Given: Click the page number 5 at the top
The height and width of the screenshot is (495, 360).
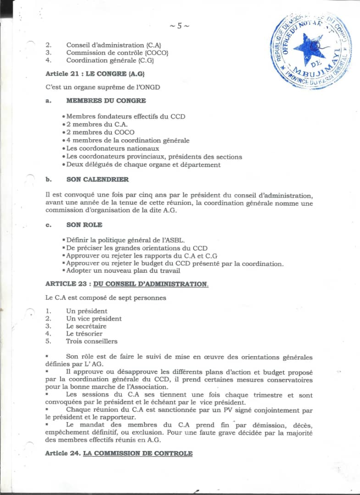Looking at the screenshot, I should (x=179, y=26).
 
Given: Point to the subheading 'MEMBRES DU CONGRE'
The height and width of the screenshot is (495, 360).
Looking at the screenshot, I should (x=106, y=101).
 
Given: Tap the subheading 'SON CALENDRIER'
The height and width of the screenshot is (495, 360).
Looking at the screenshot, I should (x=97, y=180).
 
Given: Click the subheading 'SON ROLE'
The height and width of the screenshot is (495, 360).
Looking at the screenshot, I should (x=84, y=225).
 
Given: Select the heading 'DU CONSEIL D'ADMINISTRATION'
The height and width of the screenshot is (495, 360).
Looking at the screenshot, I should (x=150, y=284).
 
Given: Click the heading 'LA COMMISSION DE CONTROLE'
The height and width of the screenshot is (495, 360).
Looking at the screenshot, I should (x=138, y=454).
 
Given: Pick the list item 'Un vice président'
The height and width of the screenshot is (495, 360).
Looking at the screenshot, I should (x=94, y=319).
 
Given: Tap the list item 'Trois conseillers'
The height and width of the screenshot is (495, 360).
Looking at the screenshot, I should (x=92, y=341).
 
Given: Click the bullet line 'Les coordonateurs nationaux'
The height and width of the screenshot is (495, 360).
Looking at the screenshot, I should (x=112, y=148).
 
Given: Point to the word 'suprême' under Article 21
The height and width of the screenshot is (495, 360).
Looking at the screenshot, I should (x=111, y=88).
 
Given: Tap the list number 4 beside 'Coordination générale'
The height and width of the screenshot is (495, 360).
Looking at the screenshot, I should (x=48, y=60).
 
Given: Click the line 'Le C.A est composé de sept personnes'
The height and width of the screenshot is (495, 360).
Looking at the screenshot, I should (x=105, y=298).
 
